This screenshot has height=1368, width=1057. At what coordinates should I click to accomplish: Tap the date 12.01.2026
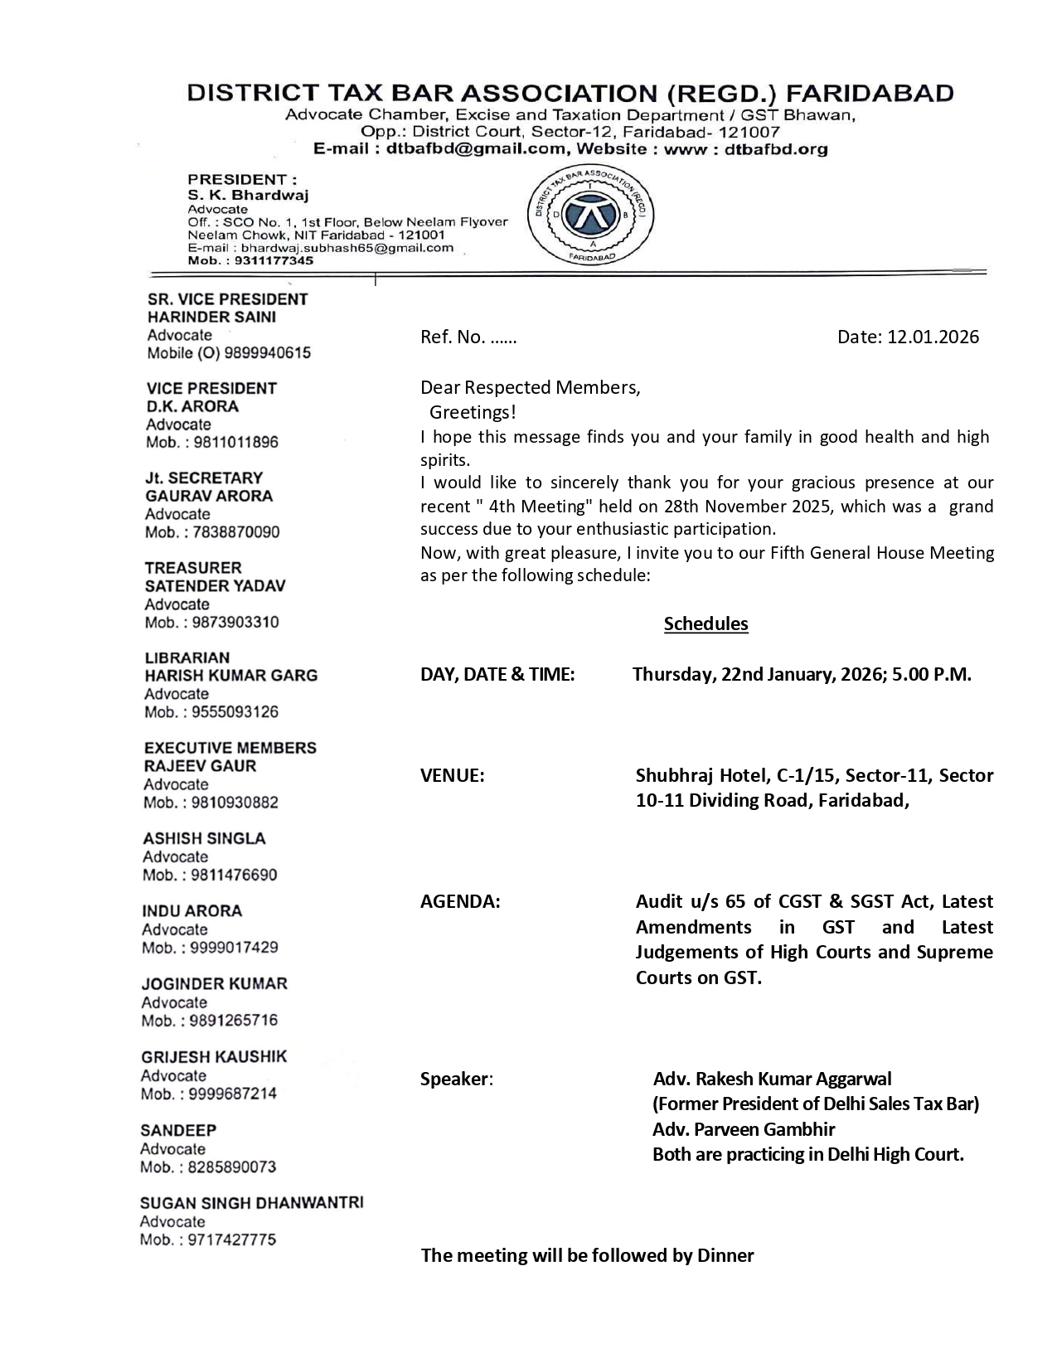pos(933,337)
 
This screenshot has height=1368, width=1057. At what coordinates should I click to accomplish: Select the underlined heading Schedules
pos(705,624)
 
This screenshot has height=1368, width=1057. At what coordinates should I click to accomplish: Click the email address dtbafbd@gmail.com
pos(476,149)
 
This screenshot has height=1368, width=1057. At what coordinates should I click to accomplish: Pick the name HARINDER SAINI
pos(211,317)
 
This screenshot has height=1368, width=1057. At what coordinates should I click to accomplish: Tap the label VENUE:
pos(452,775)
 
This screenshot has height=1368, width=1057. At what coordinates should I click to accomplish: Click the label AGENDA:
pos(460,901)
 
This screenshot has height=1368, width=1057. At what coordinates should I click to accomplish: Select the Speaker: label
pos(456,1079)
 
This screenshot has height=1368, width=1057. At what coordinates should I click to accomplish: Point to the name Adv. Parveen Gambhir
pos(744,1129)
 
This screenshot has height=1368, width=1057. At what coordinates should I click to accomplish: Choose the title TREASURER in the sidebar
pos(192,568)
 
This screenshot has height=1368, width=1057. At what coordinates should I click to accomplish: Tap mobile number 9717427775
pos(231,1240)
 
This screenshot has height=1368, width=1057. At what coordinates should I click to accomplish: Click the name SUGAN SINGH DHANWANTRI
pos(251,1203)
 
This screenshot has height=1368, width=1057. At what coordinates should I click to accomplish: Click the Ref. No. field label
pos(453,337)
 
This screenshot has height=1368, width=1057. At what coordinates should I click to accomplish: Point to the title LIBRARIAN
pos(187,657)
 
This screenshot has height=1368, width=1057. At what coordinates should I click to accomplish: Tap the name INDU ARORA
pos(192,911)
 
